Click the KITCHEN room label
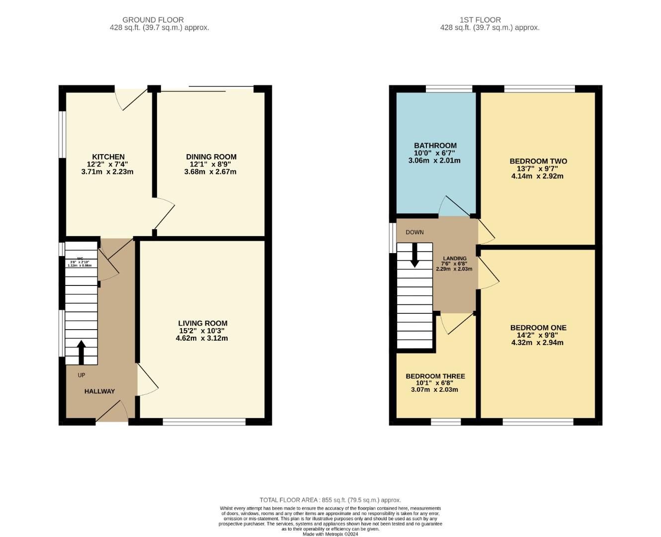108,157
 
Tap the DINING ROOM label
211,157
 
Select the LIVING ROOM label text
203,323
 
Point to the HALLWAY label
99,391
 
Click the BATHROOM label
435,146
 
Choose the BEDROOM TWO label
538,161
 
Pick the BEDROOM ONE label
538,328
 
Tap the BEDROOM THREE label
435,376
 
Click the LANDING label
455,259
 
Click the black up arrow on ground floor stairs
82,352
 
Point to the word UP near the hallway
82,375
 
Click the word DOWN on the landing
414,232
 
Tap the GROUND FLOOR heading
153,20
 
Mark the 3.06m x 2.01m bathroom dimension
434,161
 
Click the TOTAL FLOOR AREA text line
330,500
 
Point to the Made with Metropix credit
330,534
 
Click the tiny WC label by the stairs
80,259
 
